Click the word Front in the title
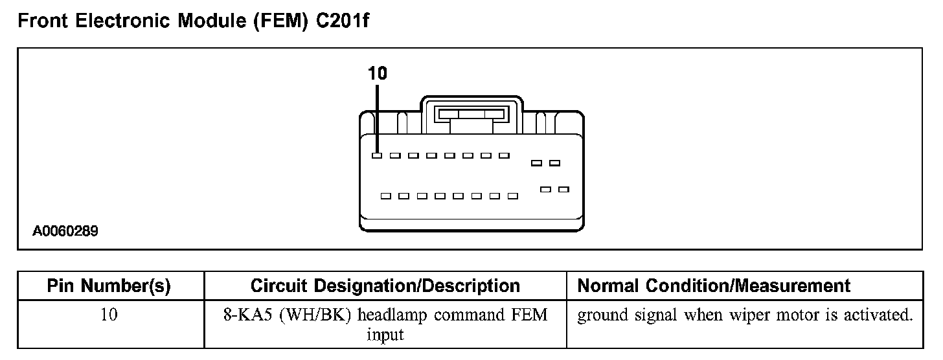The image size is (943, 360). click(43, 22)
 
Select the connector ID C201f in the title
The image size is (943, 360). click(343, 22)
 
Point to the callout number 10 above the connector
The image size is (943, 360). click(377, 74)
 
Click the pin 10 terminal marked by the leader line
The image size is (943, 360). click(377, 156)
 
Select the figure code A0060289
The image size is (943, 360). click(66, 231)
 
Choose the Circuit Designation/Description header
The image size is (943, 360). click(385, 286)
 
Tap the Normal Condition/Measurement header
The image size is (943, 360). click(714, 286)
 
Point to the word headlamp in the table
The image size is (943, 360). click(392, 316)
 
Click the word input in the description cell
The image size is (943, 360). click(385, 335)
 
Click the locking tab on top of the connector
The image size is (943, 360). click(471, 114)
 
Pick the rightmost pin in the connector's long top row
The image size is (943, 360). click(504, 156)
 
